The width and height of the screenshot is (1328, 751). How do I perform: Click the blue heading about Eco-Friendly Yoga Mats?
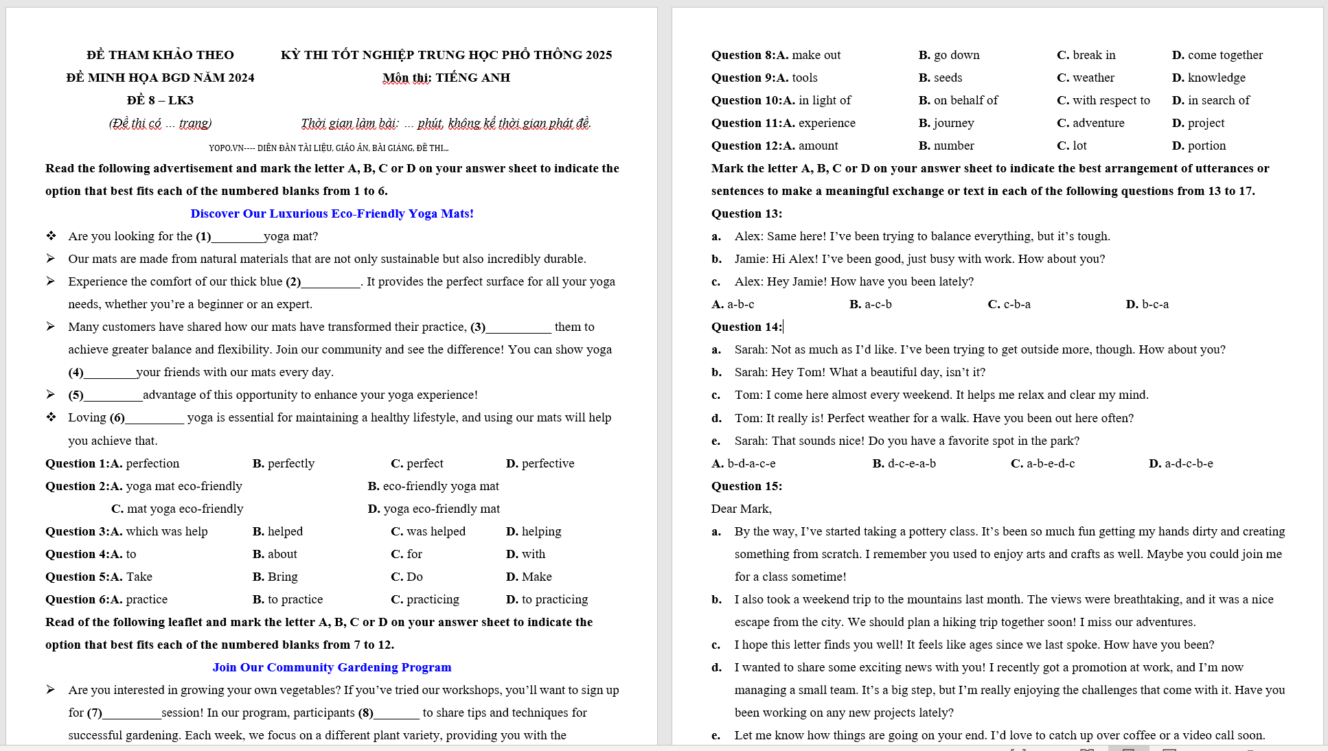(332, 213)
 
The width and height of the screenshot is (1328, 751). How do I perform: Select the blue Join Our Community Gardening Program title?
(332, 667)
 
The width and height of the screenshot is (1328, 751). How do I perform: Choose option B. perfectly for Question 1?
(284, 463)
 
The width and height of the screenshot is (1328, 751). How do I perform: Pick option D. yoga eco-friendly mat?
(434, 509)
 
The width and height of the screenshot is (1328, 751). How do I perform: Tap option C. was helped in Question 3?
(428, 531)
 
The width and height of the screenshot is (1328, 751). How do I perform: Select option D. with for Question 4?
(525, 554)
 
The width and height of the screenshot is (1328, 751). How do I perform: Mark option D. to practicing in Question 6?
(547, 599)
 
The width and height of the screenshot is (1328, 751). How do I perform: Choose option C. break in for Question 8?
(1086, 55)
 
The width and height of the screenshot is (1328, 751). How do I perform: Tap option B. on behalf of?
(958, 100)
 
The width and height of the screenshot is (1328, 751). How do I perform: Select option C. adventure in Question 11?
(1090, 123)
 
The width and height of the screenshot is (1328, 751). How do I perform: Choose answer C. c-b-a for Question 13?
(1009, 304)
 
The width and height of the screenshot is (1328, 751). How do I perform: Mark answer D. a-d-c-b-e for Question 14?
(1180, 463)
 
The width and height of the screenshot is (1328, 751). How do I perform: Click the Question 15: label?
(746, 486)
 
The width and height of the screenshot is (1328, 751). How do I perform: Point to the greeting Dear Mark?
(741, 509)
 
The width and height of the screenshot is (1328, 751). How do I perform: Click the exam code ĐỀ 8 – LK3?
(160, 100)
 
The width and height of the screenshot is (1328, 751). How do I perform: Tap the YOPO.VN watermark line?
(328, 148)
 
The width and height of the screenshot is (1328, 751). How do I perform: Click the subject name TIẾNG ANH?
(472, 78)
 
